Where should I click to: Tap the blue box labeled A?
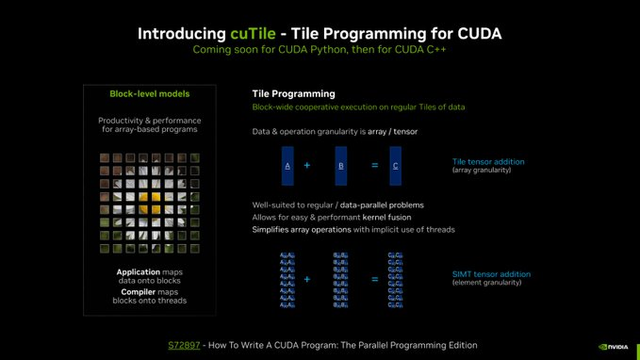point(287,165)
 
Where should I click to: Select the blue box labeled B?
point(341,165)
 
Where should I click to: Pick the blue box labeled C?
point(396,165)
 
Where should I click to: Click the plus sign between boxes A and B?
point(307,165)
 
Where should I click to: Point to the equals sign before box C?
point(374,165)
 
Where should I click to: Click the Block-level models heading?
point(149,94)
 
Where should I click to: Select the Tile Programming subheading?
point(293,94)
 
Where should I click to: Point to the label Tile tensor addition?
point(488,162)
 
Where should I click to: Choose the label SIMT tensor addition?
point(492,273)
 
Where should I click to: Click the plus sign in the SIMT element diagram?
point(307,279)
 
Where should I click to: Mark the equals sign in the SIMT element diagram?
point(374,279)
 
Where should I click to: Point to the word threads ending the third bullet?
point(439,229)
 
